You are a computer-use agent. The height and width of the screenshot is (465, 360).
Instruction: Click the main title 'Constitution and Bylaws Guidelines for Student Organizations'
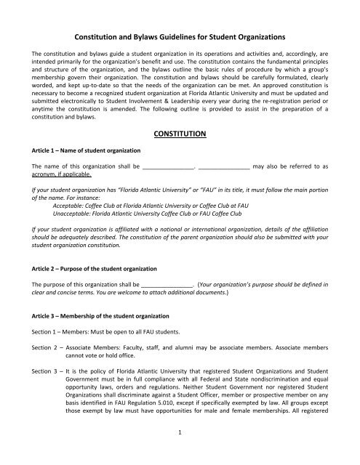[x=180, y=36]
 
